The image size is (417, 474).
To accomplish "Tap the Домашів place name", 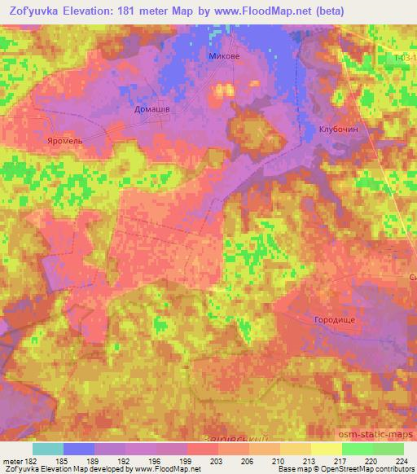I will click(152, 108).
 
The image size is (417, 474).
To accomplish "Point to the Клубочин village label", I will click(339, 129).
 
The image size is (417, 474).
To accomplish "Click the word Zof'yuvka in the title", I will click(32, 11).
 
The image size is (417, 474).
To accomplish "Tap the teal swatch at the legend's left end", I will click(48, 449).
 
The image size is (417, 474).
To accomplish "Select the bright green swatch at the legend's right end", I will click(388, 449).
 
